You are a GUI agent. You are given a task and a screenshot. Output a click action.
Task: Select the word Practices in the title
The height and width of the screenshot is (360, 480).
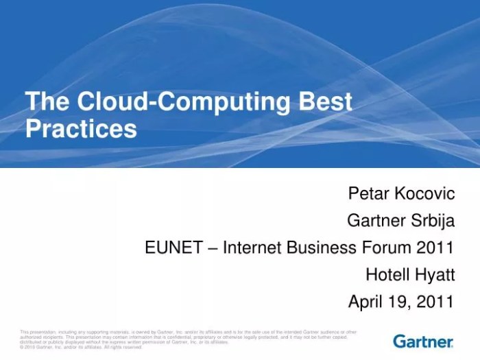[81, 128]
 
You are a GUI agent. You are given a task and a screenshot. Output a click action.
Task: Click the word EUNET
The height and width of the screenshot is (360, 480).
[172, 248]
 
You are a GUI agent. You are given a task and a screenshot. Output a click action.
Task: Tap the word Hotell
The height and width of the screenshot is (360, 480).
[387, 274]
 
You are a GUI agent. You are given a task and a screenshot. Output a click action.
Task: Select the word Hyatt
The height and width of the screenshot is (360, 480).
[435, 274]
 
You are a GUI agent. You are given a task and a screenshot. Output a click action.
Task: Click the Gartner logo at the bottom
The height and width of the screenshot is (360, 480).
[423, 341]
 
